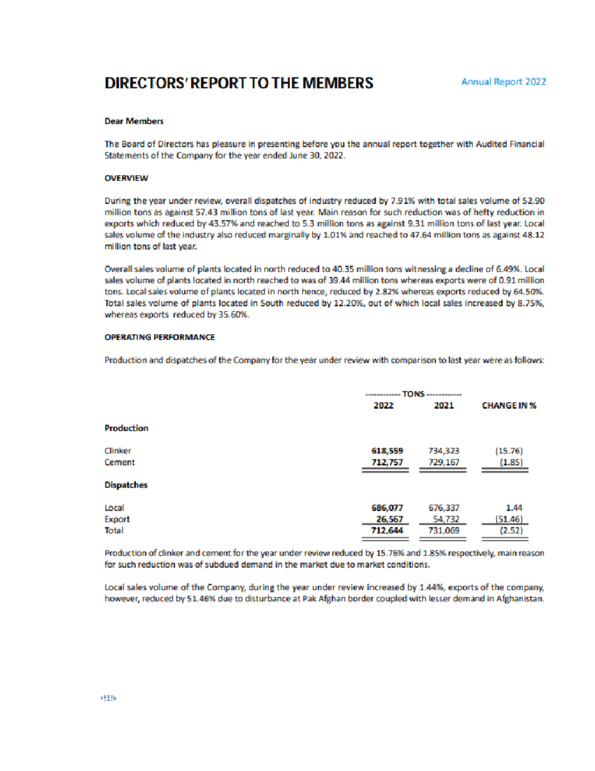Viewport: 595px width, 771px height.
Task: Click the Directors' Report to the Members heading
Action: point(238,83)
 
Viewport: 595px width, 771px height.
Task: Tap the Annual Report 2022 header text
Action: point(503,82)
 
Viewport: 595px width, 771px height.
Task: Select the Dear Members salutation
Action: point(134,121)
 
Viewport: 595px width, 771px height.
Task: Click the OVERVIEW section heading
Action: point(126,178)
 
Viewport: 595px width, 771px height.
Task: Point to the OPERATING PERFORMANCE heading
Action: point(160,337)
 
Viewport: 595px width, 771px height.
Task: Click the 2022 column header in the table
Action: point(383,406)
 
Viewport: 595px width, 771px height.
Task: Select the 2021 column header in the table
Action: point(444,406)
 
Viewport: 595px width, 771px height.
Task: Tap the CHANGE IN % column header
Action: point(509,406)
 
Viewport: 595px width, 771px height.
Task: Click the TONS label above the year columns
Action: point(413,394)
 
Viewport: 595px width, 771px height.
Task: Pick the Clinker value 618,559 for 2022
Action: point(387,451)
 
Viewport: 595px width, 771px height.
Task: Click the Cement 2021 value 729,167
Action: point(444,462)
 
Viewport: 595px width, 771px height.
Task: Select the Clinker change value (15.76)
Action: point(509,451)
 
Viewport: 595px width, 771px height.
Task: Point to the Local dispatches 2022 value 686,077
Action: point(387,508)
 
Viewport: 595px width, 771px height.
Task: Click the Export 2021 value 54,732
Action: point(446,519)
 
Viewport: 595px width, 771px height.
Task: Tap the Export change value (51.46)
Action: point(509,519)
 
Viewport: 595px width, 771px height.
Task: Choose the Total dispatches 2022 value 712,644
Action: point(387,531)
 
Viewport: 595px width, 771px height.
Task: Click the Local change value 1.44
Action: point(514,508)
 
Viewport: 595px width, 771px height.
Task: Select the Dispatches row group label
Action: point(126,485)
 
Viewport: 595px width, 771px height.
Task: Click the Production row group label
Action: point(126,428)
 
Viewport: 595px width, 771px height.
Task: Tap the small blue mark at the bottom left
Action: point(109,698)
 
